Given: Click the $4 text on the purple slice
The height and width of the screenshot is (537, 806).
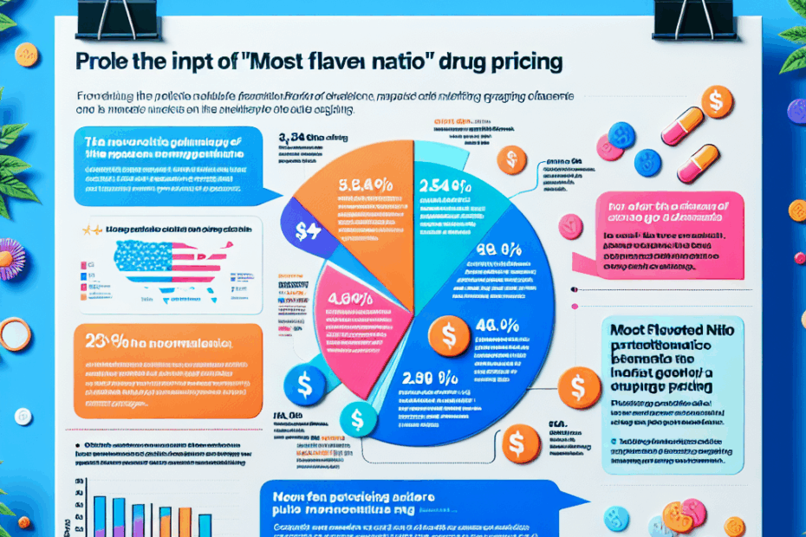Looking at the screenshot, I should click(308, 231).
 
